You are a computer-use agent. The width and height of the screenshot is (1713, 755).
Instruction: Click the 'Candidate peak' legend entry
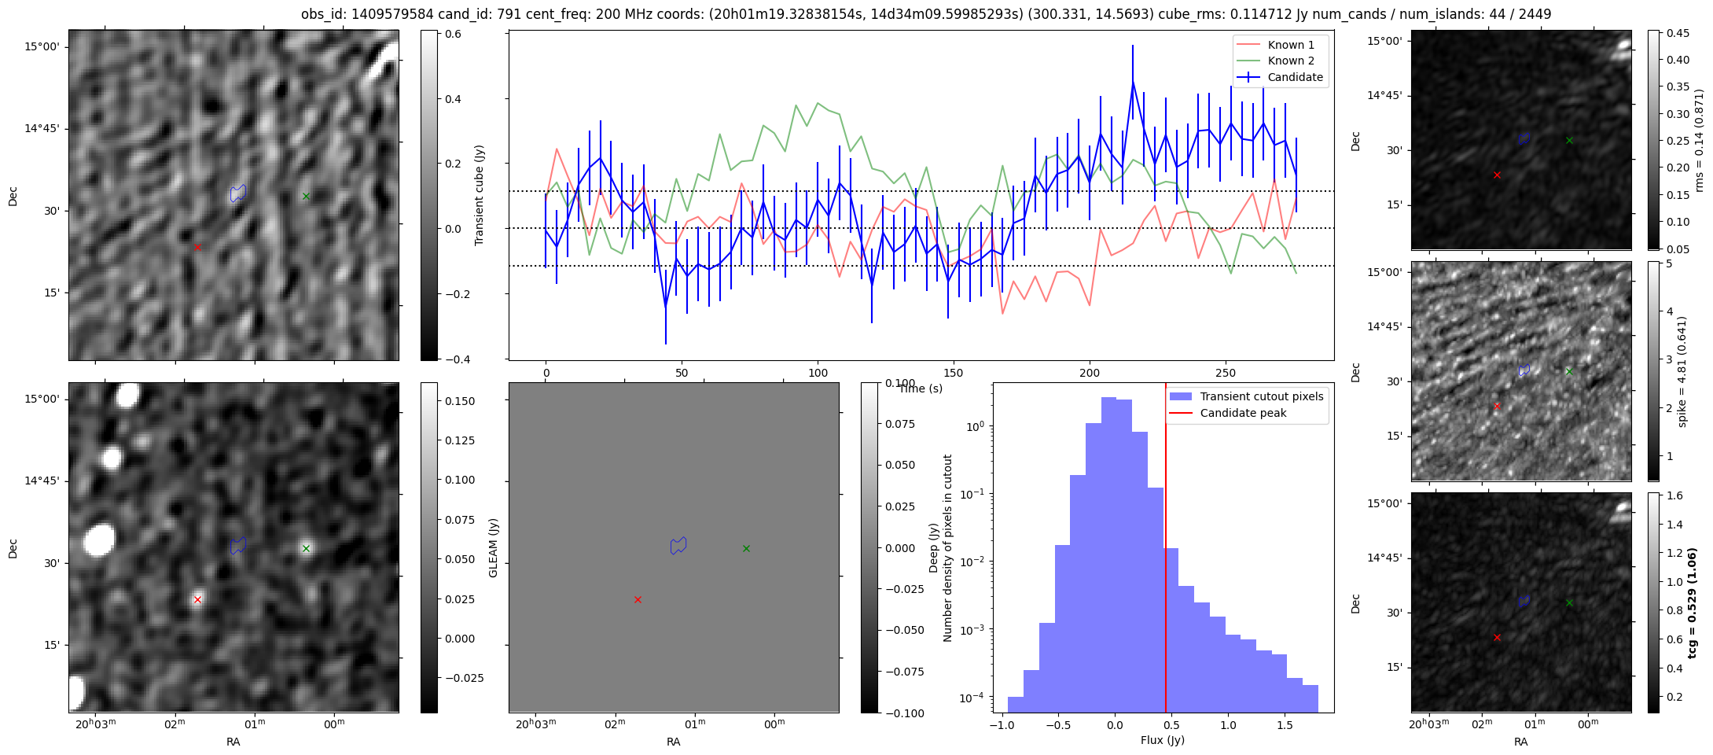(1243, 413)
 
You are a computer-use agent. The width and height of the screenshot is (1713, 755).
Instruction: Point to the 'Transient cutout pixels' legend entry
(1261, 396)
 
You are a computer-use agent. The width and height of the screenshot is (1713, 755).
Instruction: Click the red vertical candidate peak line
(1165, 551)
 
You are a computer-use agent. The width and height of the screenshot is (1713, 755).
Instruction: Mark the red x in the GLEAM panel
(638, 599)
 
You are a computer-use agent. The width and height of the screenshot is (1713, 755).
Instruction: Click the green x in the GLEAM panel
(746, 548)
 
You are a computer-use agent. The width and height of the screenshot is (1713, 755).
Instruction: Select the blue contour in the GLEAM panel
(678, 546)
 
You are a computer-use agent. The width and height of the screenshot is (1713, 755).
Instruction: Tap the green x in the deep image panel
(306, 548)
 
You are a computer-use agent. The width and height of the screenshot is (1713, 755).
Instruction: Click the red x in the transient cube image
(197, 247)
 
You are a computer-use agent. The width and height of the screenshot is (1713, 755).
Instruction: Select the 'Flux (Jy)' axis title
(1162, 740)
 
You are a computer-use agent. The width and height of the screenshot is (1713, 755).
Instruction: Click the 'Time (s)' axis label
(921, 389)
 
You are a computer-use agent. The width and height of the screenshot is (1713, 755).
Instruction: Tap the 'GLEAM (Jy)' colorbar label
(494, 547)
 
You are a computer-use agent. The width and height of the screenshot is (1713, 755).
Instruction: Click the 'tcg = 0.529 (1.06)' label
(1692, 602)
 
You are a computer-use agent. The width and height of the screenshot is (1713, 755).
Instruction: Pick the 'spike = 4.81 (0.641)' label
(1682, 371)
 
